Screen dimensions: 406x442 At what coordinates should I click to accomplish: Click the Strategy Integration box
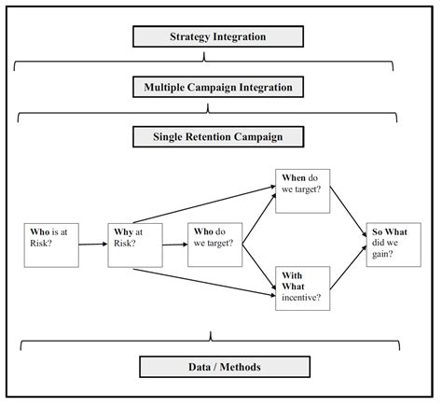(217, 37)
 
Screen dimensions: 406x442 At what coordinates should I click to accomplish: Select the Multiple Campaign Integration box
(217, 87)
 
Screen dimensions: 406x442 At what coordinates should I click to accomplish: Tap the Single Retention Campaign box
(217, 136)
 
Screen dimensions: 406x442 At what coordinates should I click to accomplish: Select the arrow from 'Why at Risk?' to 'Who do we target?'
(173, 245)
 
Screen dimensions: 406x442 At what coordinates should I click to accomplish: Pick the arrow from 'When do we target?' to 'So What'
(349, 214)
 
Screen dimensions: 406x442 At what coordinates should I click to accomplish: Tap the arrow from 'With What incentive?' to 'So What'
(349, 272)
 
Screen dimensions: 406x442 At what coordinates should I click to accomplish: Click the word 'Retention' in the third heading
(216, 136)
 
